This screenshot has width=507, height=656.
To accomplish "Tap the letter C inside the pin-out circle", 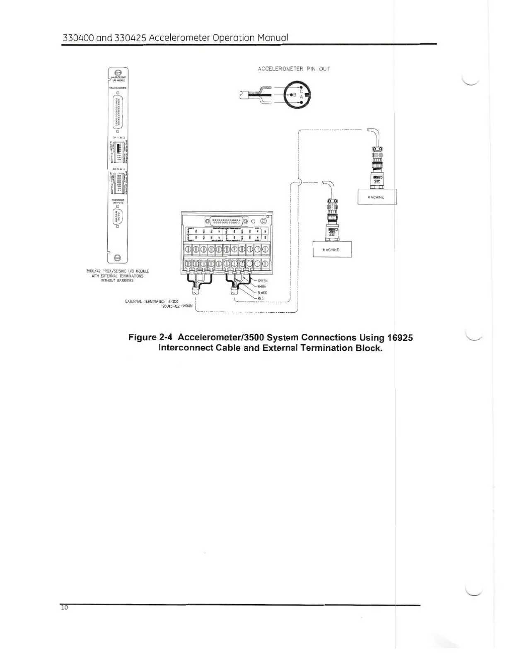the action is click(x=301, y=92).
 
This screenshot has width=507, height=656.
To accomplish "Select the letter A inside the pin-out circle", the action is click(x=301, y=98).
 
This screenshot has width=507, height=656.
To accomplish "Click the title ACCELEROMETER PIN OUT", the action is click(x=294, y=69).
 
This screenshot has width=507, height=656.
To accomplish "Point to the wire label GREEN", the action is click(x=262, y=281).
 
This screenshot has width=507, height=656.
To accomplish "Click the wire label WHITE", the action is click(x=262, y=287).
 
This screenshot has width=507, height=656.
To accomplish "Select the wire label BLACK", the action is click(x=262, y=293).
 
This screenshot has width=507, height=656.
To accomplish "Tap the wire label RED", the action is click(x=261, y=299).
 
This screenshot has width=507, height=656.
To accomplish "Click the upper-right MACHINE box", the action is click(x=376, y=197).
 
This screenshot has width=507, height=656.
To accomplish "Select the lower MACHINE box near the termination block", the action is click(x=331, y=250).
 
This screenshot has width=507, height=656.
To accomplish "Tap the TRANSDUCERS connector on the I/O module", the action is click(x=118, y=111).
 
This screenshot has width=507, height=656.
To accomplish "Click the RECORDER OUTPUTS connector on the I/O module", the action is click(x=118, y=216).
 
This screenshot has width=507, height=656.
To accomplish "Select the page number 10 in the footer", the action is click(x=64, y=608).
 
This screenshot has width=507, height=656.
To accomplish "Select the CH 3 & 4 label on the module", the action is click(x=118, y=169).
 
